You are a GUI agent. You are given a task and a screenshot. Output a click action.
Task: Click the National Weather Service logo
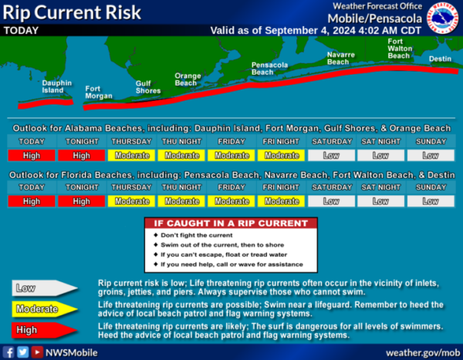coord(443,18)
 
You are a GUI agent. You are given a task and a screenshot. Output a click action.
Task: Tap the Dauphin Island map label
coord(56,87)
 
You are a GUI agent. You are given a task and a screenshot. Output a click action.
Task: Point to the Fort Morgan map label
coord(99,93)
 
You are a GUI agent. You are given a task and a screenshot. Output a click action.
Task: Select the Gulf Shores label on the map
coord(148,87)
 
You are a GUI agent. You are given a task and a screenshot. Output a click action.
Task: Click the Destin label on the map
coord(440,59)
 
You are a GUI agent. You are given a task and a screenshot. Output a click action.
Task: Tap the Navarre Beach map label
coord(341,59)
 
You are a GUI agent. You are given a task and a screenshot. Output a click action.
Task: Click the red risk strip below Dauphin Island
coord(46,104)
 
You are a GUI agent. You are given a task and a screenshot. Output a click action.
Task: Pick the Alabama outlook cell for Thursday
coord(132,156)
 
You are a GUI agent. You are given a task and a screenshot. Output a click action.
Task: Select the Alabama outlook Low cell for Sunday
coord(431,156)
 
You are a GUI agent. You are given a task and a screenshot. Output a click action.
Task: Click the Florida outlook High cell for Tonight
coord(82,201)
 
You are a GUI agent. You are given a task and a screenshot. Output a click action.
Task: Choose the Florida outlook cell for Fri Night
coord(282,201)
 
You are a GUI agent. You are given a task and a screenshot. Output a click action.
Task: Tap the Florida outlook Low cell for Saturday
coord(331,201)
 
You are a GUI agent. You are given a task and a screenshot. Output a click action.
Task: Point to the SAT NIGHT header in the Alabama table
coord(381,142)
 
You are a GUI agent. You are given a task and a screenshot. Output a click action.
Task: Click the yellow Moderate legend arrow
coord(44,309)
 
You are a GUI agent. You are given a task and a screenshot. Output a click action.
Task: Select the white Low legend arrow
coord(44,288)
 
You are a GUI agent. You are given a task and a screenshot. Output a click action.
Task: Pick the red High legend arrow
coord(44,330)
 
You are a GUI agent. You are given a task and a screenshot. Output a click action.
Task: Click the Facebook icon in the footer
coord(8,352)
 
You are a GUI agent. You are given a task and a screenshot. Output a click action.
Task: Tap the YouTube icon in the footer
coord(37,352)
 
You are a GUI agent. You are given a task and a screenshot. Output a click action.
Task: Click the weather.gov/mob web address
coord(423,352)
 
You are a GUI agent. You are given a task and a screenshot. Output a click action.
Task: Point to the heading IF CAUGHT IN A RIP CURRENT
coord(231,224)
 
